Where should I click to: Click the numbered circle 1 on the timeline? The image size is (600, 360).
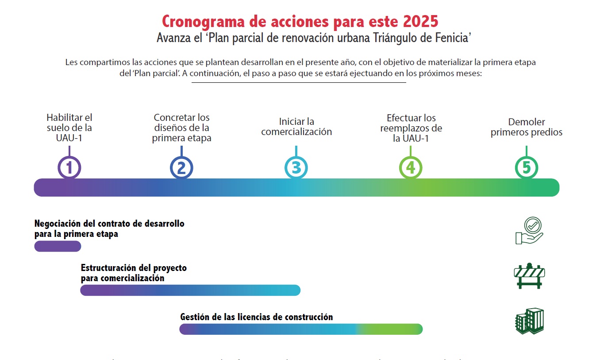(69, 168)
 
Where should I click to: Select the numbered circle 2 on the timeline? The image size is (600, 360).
(181, 168)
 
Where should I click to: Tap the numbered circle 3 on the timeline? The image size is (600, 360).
(296, 168)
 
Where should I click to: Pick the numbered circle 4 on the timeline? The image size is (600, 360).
(411, 168)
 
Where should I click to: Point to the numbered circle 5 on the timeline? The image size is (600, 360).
(527, 168)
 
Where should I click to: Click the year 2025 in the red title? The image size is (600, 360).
(420, 21)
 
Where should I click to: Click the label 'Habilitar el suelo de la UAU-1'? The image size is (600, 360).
(69, 128)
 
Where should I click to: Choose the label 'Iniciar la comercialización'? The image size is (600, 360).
(296, 127)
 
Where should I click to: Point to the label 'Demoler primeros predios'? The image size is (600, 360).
(527, 127)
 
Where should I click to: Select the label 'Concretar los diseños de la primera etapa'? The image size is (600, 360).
(181, 128)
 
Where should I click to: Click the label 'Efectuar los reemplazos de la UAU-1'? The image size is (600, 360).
(411, 128)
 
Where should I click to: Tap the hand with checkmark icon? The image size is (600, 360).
(529, 231)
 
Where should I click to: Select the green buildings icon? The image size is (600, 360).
(529, 321)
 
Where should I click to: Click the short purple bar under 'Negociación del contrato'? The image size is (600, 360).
(58, 246)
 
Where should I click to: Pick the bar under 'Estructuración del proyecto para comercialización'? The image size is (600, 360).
(190, 290)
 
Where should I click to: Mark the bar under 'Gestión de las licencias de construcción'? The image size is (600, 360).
(301, 329)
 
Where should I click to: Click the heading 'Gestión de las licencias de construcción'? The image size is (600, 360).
(256, 317)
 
